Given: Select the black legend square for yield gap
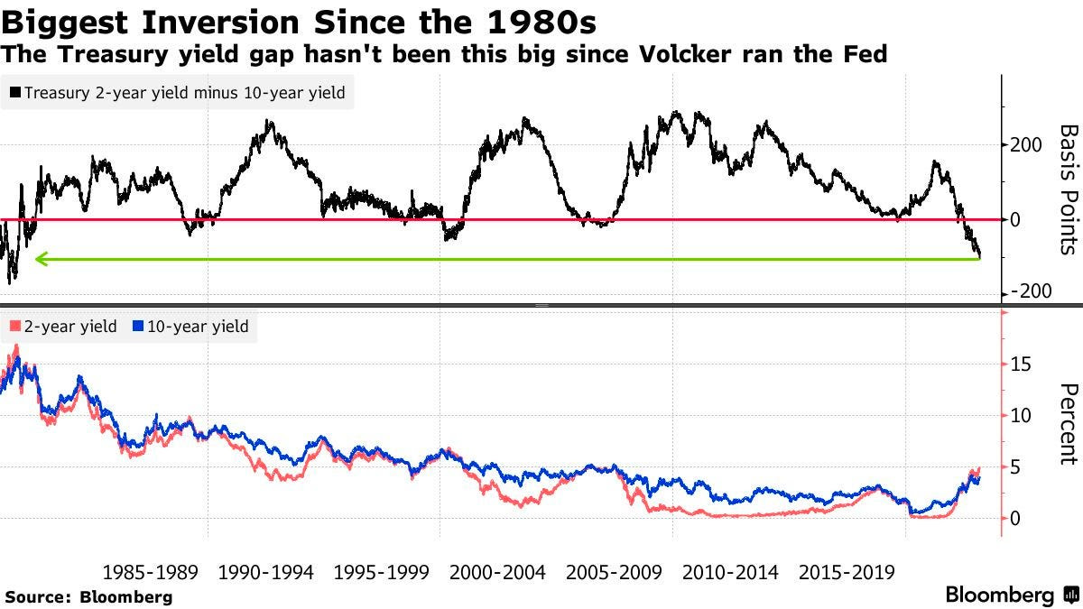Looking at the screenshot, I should point(14,93).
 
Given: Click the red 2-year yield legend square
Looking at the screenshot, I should point(14,327).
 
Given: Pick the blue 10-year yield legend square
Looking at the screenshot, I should point(138,327).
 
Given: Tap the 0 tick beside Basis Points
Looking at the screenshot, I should point(1017,219).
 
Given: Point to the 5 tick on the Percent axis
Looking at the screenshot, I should point(1015,466).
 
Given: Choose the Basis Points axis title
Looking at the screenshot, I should point(1068,189).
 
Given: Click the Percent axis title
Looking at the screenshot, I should point(1068,423).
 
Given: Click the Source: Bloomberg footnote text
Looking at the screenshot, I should point(88,596).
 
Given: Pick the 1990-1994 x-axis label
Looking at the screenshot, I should point(265,572).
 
